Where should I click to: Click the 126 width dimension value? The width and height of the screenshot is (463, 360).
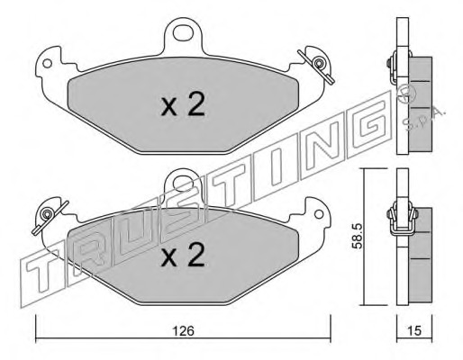[x=183, y=331]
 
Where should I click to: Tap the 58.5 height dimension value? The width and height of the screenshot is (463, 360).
[x=358, y=236]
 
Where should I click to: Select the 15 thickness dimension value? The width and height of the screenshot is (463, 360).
[x=414, y=330]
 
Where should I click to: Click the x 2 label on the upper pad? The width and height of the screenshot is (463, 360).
[x=183, y=104]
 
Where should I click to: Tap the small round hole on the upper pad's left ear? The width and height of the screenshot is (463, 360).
[x=47, y=63]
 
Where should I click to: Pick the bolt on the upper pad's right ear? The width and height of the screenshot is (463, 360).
[x=318, y=64]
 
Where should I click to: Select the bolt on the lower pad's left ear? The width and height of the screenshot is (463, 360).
[x=47, y=213]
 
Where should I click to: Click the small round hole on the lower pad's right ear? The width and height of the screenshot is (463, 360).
[x=319, y=214]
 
